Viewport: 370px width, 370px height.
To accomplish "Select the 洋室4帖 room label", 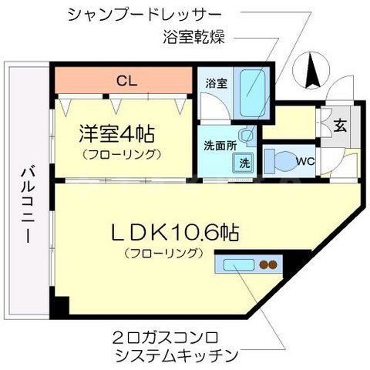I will (x=116, y=133).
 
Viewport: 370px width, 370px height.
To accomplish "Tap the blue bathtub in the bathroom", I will (x=252, y=92).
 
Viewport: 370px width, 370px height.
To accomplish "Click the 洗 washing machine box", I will (x=244, y=163).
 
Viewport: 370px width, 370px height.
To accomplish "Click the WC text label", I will (x=304, y=161).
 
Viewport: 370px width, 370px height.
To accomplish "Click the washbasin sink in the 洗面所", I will (x=245, y=136).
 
